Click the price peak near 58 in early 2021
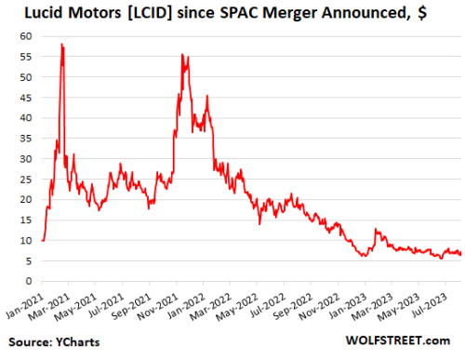[61, 45]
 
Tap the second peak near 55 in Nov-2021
[182, 55]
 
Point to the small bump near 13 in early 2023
[376, 229]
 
